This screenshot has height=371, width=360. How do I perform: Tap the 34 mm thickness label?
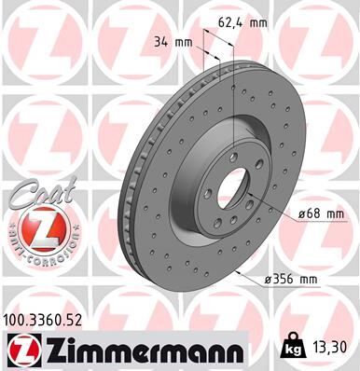174,40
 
